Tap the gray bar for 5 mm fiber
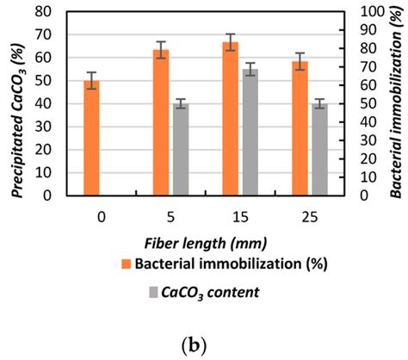181,149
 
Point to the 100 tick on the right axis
370,12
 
